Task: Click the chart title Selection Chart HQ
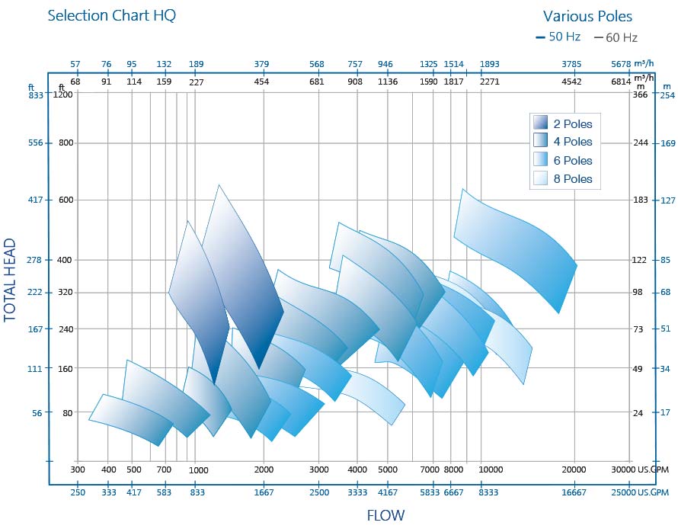coord(111,15)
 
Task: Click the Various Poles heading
coord(587,16)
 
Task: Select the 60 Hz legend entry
coord(616,37)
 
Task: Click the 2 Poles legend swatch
coord(541,123)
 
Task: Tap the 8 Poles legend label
coord(573,179)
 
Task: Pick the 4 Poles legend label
coord(573,142)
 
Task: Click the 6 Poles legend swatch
coord(541,160)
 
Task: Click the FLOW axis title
coord(387,515)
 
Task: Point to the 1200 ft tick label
coord(62,95)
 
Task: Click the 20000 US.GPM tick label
coord(574,470)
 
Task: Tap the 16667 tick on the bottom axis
coord(574,493)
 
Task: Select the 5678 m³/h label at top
coord(622,64)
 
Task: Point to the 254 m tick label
coord(668,95)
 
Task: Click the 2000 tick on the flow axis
coord(263,470)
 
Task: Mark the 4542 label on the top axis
coord(572,82)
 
